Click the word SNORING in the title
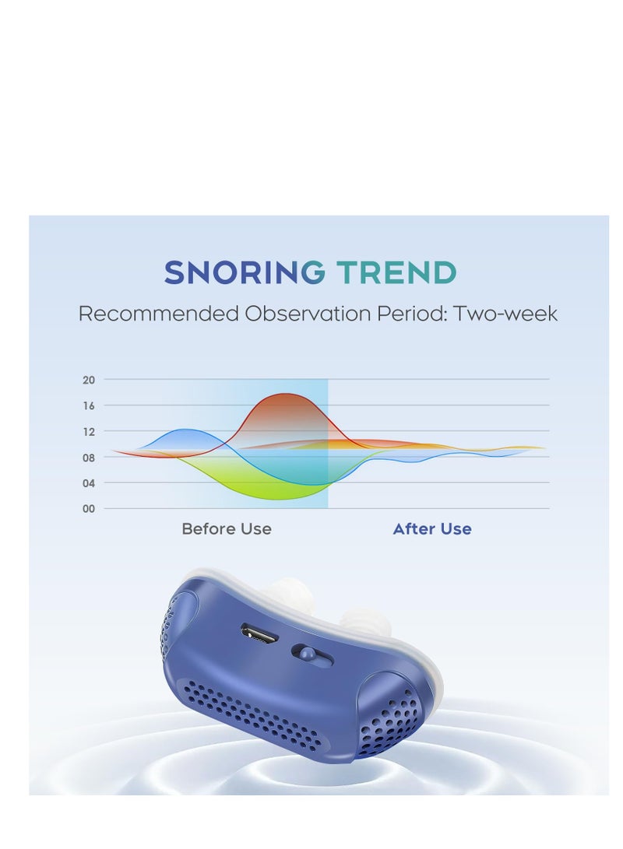point(245,273)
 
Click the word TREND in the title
point(396,273)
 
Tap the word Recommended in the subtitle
point(158,314)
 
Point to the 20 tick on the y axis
point(88,380)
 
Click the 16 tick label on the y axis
point(88,405)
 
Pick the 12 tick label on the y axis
point(88,431)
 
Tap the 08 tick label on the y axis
point(88,458)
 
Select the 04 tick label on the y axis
point(88,483)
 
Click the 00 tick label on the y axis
point(88,509)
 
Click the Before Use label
point(227,529)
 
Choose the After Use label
point(432,529)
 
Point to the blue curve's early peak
point(186,430)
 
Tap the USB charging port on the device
point(260,633)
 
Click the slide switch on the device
point(311,655)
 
